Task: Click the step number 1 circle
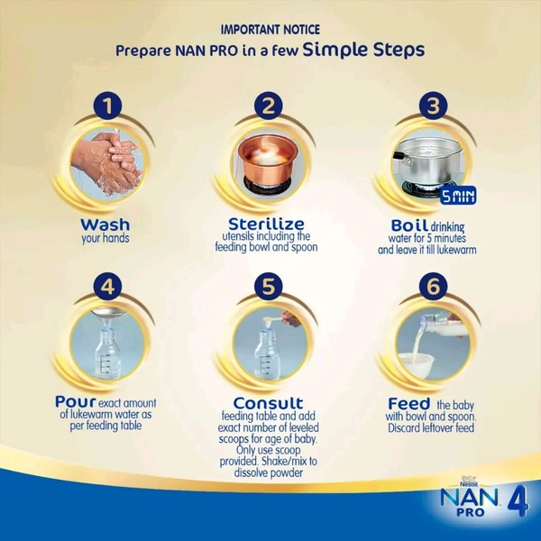coord(107,105)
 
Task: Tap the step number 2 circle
coord(269,105)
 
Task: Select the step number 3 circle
coord(434,105)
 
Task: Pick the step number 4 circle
coord(107,286)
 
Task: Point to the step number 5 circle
coord(269,286)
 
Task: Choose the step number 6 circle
coord(434,286)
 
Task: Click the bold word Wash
coord(105,225)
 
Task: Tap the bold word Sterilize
coord(266,224)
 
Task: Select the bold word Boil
coord(409,225)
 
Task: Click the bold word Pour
coord(75,402)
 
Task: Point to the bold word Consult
coord(268,403)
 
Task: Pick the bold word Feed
coord(409,404)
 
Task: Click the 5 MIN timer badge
coord(458,196)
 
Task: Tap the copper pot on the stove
coord(268,158)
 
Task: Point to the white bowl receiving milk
coord(417,365)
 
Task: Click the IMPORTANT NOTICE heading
coord(270,30)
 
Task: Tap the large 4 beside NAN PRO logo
coord(518,502)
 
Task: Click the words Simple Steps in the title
coord(364,50)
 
